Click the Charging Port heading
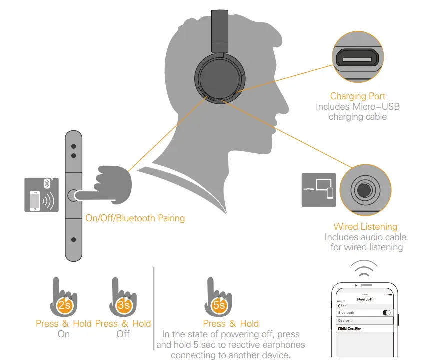[357, 96]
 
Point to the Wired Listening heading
[365, 227]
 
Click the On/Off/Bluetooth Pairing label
[135, 218]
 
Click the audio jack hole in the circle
[364, 190]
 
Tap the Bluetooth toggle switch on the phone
[386, 312]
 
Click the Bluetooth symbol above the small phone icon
[48, 183]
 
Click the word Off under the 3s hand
[123, 334]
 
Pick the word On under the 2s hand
[64, 334]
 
